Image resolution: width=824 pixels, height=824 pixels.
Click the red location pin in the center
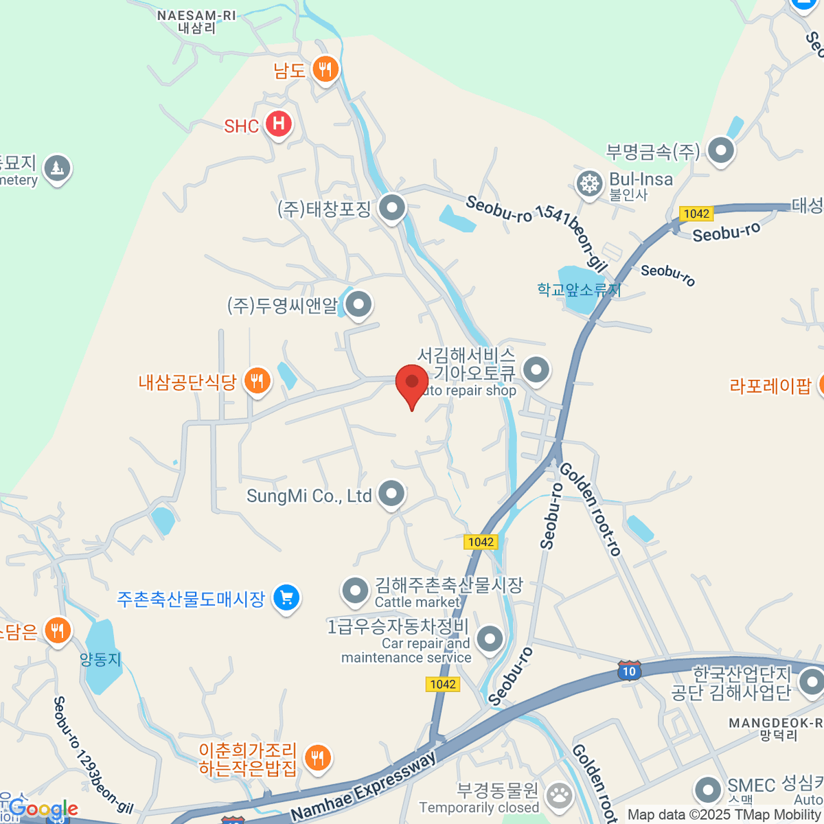click(x=412, y=383)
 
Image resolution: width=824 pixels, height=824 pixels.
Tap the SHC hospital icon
click(x=278, y=124)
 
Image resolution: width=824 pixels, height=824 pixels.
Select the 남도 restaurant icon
click(x=325, y=69)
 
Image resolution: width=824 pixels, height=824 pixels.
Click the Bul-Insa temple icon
click(x=589, y=184)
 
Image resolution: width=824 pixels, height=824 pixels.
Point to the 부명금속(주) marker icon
click(x=721, y=150)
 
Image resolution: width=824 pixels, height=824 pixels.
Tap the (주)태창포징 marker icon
click(x=392, y=207)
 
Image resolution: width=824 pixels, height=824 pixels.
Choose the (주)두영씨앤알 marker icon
click(x=358, y=304)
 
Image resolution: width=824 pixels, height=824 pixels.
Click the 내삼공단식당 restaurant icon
click(x=257, y=380)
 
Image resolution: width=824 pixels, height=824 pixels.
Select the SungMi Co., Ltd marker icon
click(x=391, y=493)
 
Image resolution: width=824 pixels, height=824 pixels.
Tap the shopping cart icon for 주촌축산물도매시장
click(x=286, y=597)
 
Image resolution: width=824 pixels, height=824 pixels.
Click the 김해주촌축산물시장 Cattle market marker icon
click(x=355, y=591)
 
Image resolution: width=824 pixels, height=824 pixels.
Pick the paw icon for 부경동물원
click(x=560, y=797)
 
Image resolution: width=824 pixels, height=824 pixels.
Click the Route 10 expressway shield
click(x=629, y=671)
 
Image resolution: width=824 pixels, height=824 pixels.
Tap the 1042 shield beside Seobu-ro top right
click(x=696, y=214)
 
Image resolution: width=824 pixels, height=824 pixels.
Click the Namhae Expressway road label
click(x=364, y=787)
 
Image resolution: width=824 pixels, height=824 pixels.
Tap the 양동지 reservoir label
click(x=100, y=659)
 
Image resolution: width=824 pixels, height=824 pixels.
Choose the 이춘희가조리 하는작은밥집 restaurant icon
click(x=317, y=758)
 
